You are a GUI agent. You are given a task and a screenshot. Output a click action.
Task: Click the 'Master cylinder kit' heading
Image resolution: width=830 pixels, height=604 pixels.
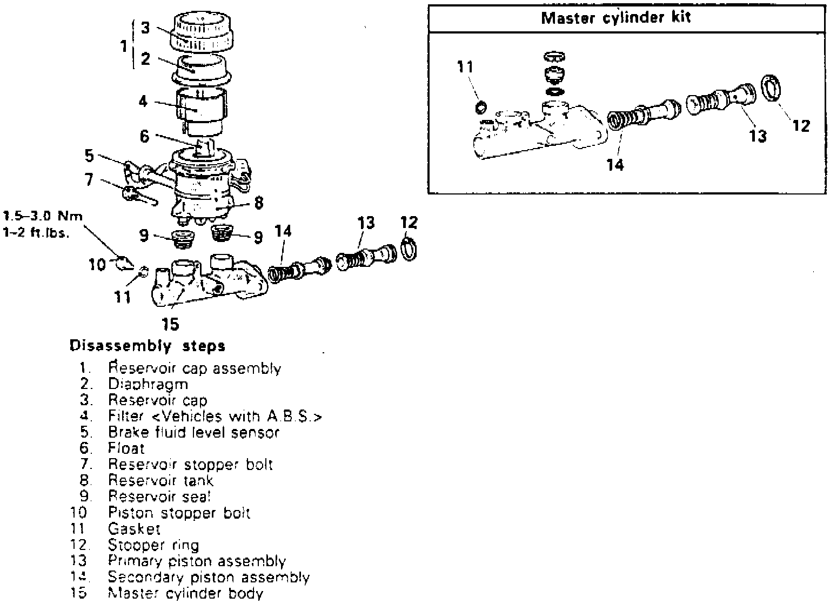[x=615, y=18]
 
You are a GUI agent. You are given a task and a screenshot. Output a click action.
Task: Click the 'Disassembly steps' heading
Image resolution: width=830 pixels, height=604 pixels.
[x=148, y=346]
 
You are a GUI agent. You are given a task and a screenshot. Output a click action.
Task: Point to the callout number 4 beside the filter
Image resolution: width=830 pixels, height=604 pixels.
[x=143, y=101]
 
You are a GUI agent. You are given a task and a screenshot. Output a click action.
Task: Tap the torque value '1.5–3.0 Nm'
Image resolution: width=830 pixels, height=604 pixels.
[x=43, y=217]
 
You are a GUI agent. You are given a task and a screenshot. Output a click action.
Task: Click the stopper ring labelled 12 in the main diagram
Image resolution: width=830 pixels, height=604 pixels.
[x=409, y=249]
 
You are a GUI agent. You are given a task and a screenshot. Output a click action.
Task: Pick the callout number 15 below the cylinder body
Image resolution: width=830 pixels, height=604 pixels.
[x=170, y=324]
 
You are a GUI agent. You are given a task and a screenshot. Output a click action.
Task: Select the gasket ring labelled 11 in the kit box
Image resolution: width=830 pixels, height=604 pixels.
[x=480, y=108]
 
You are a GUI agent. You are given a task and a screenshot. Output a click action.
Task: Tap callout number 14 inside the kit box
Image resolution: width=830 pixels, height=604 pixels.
[x=615, y=164]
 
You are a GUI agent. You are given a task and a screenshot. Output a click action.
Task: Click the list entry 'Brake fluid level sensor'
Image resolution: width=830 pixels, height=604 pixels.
[x=193, y=432]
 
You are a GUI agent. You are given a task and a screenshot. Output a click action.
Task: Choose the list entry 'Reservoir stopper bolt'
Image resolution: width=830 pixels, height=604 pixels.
[x=190, y=465]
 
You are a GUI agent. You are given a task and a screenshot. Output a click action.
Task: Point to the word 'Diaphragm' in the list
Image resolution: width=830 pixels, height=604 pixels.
[x=148, y=384]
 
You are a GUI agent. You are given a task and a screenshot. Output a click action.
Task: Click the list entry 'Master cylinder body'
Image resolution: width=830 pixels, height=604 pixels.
[x=185, y=593]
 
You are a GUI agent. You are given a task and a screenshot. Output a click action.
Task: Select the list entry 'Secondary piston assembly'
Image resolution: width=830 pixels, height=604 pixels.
[x=209, y=577]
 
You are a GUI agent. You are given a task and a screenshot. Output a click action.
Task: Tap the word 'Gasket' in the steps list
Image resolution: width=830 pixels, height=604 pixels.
[x=134, y=528]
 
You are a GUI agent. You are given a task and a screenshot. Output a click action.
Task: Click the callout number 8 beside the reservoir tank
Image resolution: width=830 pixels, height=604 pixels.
[x=258, y=203]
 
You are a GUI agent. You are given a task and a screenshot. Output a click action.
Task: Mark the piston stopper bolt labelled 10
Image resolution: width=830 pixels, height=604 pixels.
[x=123, y=263]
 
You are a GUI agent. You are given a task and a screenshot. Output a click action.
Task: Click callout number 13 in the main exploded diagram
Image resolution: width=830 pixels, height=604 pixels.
[x=366, y=223]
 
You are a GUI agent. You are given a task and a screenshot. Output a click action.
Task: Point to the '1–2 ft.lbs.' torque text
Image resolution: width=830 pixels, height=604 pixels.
[x=36, y=234]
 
